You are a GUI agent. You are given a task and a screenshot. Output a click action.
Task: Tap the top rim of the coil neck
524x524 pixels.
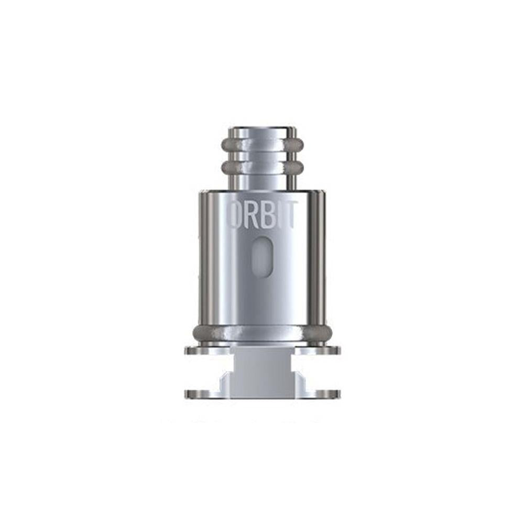(262, 129)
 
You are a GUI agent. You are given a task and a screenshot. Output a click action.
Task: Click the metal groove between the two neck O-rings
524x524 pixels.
(262, 157)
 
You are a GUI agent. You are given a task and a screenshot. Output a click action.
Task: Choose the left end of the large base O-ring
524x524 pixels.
(199, 332)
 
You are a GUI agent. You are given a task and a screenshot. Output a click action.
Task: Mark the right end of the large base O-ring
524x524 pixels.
(325, 332)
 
